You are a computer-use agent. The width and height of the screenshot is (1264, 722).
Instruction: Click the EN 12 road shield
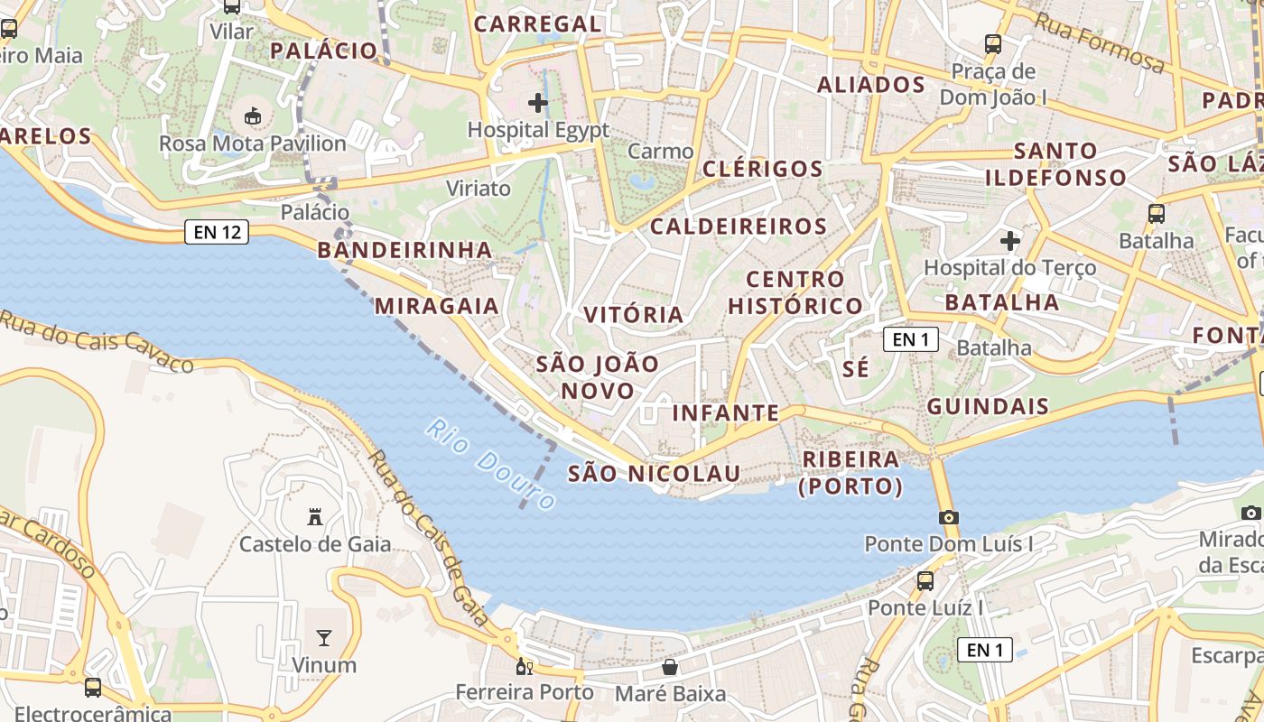coord(216,232)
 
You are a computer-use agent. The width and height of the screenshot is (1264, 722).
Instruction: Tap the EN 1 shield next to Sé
coord(910,339)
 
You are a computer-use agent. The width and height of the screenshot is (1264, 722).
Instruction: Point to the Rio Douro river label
coord(491,464)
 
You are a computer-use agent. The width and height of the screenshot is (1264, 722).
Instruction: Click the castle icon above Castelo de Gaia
coord(315,517)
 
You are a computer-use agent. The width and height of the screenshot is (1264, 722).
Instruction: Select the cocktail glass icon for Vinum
coord(324,638)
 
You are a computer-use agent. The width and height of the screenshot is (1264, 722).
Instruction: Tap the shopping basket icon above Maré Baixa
coord(670,667)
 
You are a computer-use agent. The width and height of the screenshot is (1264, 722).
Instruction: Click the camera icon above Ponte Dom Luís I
coord(948,517)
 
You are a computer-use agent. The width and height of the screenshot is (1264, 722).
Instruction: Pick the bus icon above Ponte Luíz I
coord(925,580)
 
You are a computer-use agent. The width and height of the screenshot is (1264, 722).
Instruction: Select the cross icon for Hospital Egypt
coord(538,102)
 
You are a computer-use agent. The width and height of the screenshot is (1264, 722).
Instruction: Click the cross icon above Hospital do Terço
coord(1010,241)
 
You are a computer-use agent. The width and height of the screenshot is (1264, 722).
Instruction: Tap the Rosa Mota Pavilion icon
coord(253,116)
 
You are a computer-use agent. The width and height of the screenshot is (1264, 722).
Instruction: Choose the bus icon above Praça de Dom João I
coord(993,42)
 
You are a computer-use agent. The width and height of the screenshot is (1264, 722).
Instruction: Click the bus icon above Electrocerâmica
coord(92,687)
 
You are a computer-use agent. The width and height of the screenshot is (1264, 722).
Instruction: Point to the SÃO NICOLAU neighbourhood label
coord(654,473)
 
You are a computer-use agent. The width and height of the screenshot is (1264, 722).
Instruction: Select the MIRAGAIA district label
coord(437,306)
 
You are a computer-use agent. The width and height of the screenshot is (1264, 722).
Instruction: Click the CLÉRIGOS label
coord(762,169)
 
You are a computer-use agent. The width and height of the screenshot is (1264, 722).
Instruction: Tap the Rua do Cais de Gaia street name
coord(428,539)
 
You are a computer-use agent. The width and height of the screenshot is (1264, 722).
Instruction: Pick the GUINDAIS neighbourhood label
coord(988,406)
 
